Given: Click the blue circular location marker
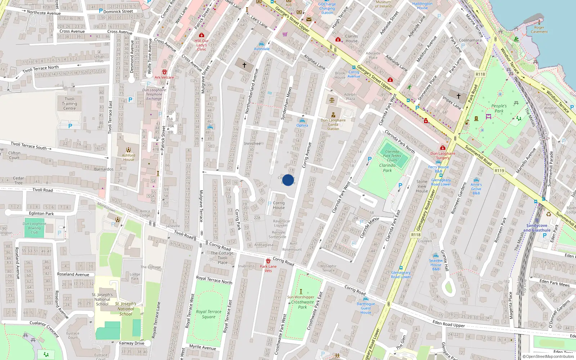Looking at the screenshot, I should [288, 180].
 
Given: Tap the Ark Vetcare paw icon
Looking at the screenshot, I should [164, 72].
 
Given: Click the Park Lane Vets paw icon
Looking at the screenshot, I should [268, 261].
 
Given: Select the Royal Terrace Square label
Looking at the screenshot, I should [208, 314].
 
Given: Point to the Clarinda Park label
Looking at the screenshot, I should [387, 168].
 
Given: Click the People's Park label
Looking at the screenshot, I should [499, 108].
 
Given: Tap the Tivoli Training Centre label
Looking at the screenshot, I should [69, 104].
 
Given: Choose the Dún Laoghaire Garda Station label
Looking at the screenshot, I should [333, 125].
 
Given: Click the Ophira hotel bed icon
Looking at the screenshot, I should [302, 121].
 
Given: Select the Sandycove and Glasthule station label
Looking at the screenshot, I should [537, 228].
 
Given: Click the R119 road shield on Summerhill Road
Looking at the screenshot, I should [499, 171].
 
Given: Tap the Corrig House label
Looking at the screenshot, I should [279, 205].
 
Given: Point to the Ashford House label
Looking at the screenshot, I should [129, 157].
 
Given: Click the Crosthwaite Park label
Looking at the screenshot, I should [302, 305].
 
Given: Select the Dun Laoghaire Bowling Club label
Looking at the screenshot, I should [34, 228].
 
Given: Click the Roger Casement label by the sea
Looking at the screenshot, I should [539, 30].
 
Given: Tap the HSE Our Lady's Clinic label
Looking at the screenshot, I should [202, 45].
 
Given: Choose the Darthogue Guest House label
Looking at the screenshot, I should [366, 308].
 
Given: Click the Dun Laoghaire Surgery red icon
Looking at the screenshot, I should [443, 148].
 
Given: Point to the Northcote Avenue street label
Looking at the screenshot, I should [44, 13].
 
